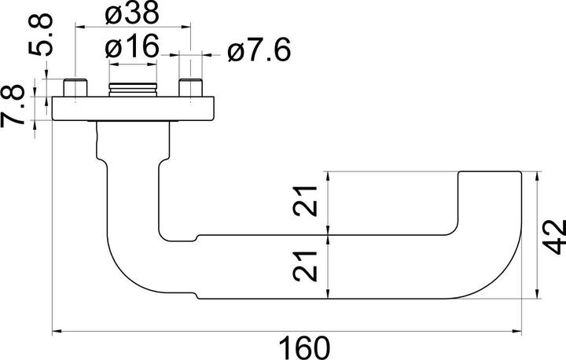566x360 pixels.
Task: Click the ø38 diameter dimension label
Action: coord(132,13)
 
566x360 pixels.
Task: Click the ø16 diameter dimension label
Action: coord(132,49)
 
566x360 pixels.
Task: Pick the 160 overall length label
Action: coord(303,346)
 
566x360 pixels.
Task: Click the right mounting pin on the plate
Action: coord(189,88)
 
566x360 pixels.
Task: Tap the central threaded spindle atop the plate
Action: coord(133,88)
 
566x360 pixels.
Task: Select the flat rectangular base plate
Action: coord(133,109)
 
